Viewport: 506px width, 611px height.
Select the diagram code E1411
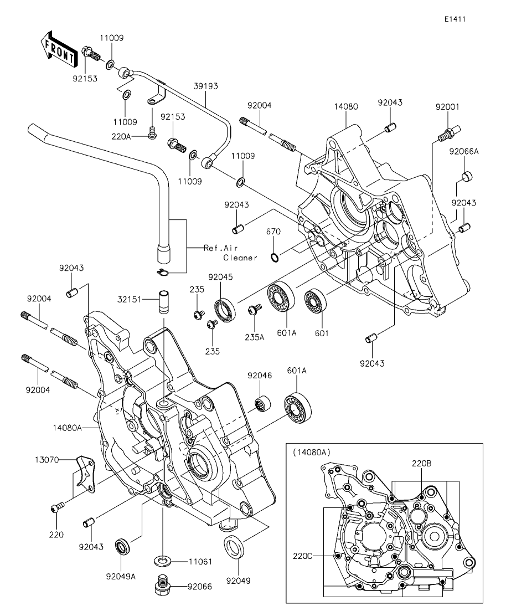tap(454, 19)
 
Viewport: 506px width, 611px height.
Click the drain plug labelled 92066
tap(163, 584)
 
